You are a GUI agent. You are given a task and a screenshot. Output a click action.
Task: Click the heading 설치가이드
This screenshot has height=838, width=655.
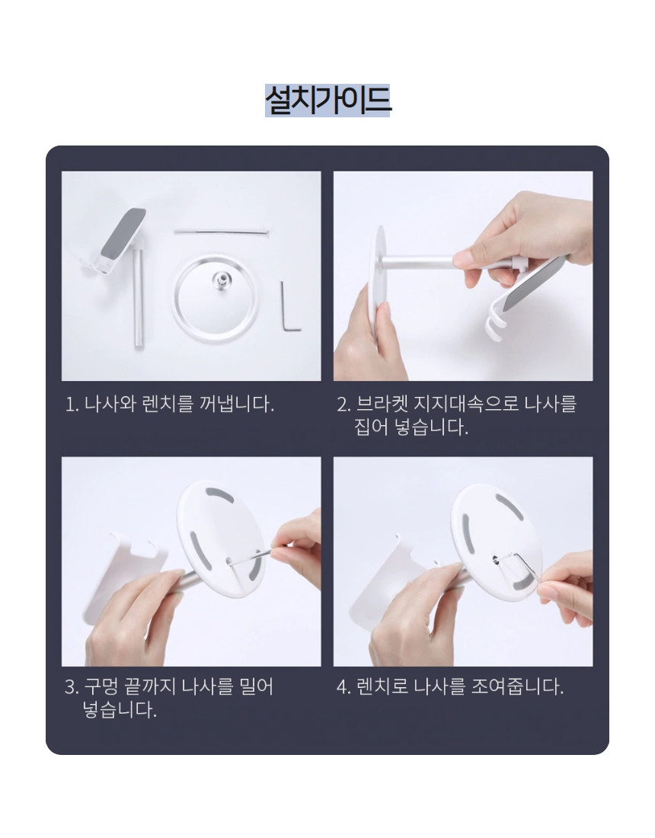[327, 100]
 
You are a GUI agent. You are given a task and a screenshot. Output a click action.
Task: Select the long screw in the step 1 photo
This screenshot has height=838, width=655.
[221, 232]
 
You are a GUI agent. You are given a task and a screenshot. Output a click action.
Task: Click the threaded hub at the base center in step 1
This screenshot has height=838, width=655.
[221, 280]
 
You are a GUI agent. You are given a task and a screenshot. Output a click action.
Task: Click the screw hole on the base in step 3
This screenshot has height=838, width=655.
[230, 561]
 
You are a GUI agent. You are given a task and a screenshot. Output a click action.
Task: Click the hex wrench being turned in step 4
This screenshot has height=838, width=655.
[521, 568]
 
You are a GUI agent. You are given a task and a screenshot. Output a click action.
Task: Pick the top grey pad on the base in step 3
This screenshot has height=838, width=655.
[217, 494]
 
